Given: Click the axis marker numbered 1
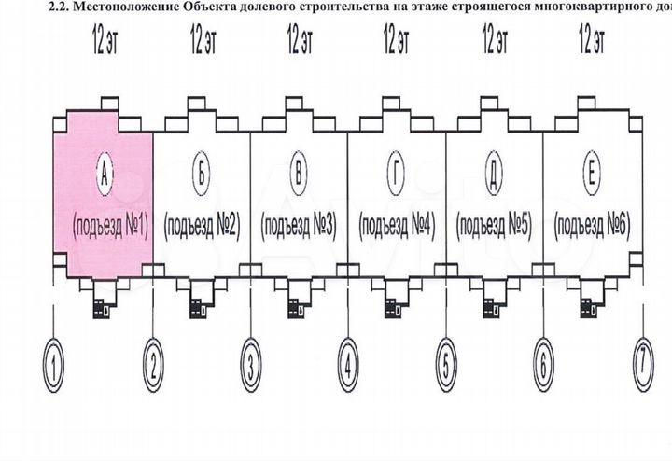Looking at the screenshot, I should click(57, 363).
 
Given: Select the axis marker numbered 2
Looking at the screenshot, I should click(154, 363).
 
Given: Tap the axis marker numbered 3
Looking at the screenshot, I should click(251, 363).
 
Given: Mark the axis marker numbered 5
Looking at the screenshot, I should click(446, 363).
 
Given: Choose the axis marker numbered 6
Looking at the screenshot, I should click(543, 363).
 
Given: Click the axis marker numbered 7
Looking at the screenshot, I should click(640, 363).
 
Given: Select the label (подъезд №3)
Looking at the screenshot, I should click(299, 225).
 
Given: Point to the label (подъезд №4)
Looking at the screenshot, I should click(397, 225).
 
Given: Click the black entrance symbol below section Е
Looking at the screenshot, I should click(590, 305).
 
